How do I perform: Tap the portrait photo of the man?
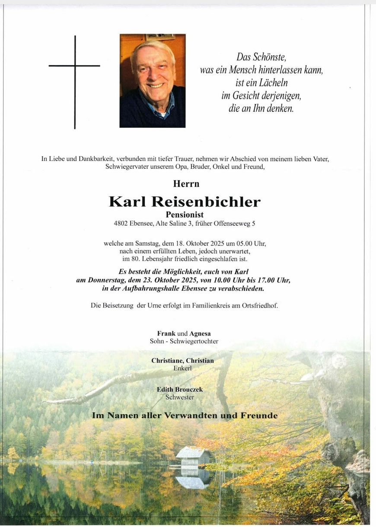click(x=153, y=80)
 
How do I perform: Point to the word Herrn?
click(x=186, y=184)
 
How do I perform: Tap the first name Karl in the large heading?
click(x=127, y=201)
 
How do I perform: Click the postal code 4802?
click(x=122, y=224)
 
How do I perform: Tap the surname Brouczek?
click(x=189, y=390)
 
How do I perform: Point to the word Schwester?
click(x=182, y=397)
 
